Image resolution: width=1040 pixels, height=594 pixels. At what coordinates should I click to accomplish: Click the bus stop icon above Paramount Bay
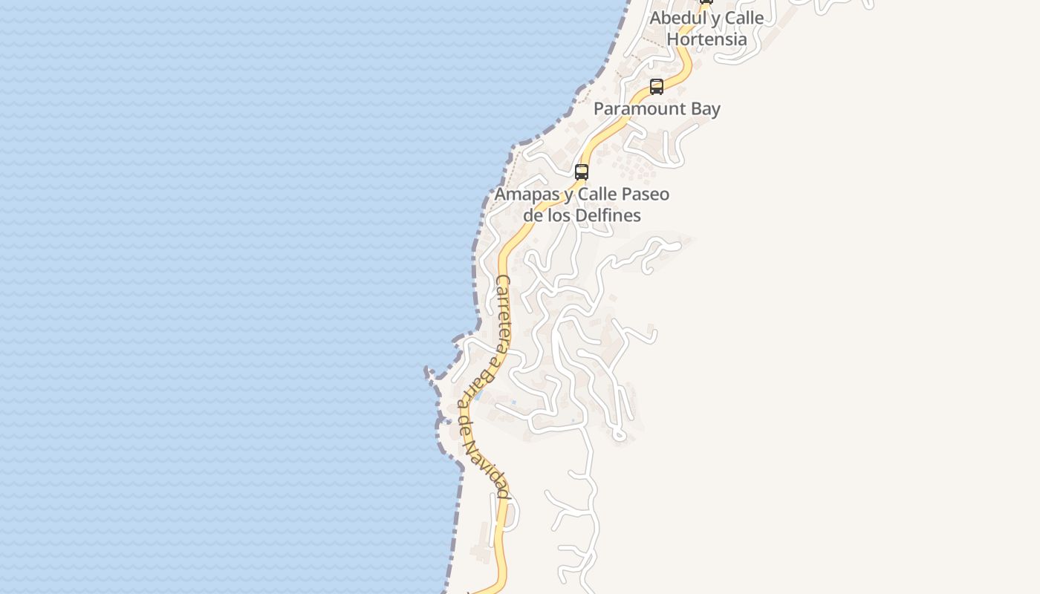(657, 86)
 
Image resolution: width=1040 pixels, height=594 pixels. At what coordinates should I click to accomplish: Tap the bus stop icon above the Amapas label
(582, 172)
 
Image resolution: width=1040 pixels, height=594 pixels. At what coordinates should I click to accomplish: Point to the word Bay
(704, 108)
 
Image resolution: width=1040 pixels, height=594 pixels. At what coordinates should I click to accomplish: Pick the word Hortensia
(706, 39)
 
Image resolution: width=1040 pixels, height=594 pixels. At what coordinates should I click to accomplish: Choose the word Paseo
(643, 195)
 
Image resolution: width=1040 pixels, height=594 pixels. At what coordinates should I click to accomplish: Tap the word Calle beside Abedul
(741, 18)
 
